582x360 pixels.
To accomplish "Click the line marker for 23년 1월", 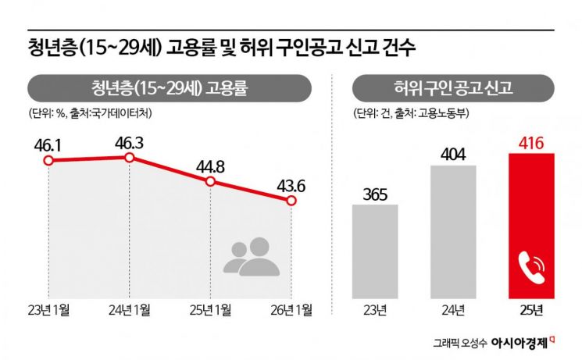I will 48,161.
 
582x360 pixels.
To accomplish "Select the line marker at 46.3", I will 130,158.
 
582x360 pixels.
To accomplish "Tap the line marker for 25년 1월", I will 210,181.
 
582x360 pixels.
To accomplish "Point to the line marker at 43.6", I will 291,201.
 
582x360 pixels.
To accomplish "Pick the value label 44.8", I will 210,164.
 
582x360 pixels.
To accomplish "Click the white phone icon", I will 532,269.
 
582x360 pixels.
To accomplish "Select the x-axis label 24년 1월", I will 130,310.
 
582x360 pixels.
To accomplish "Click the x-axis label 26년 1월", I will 291,310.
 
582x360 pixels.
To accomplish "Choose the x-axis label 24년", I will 453,310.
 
